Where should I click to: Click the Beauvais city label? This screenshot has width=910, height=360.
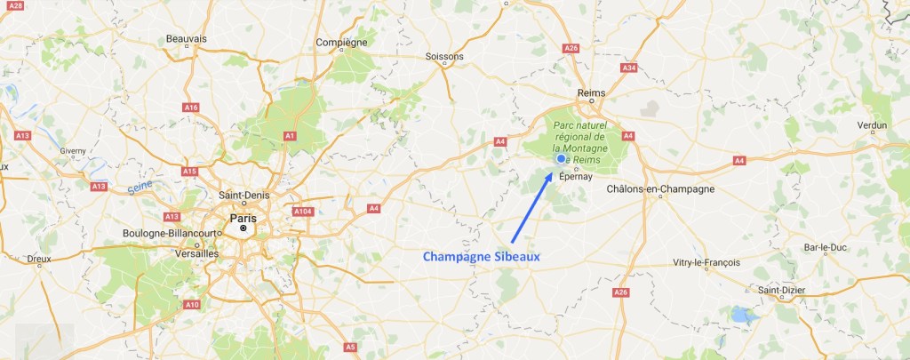click(186, 39)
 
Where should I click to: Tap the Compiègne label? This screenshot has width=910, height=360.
click(342, 42)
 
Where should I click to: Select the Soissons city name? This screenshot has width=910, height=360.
click(445, 57)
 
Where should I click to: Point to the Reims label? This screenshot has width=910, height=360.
click(591, 92)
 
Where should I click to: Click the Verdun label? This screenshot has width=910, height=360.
click(872, 125)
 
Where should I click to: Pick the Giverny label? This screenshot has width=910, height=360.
click(73, 151)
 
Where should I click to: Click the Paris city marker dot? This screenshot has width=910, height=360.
click(243, 228)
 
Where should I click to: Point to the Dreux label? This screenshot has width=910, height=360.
click(39, 260)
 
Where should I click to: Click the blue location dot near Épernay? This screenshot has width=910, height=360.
click(562, 159)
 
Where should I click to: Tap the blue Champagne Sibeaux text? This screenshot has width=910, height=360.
click(481, 256)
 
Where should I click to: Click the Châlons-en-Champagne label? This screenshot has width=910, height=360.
click(660, 189)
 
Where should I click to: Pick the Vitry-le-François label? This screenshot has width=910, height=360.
click(707, 262)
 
